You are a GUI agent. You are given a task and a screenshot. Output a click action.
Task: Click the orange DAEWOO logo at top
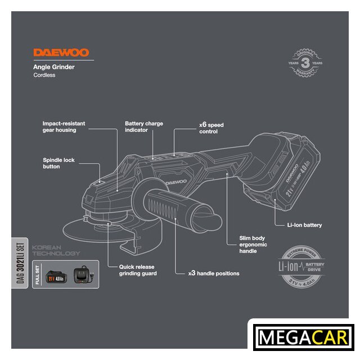61,53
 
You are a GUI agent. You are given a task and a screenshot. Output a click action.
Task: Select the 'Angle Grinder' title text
54,67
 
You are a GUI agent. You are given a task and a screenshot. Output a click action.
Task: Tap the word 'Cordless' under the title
44,75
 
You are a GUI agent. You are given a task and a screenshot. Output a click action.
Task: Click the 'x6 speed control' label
211,127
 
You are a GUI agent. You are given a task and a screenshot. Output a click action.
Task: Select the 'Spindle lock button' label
58,163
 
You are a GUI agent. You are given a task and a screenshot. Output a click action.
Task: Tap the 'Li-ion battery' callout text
304,225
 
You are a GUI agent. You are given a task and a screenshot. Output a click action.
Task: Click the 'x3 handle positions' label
213,273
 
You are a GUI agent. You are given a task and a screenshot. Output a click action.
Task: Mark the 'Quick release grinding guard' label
137,270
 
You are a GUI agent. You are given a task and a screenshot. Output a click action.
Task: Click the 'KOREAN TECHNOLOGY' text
56,251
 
